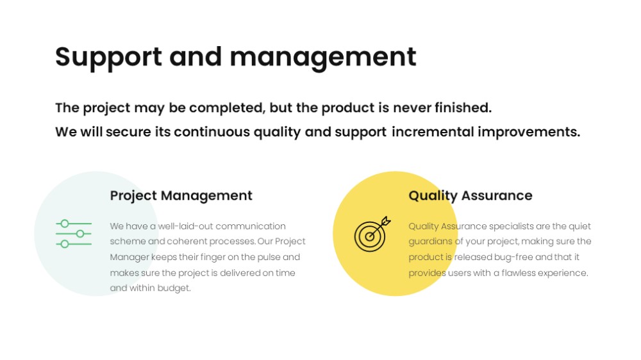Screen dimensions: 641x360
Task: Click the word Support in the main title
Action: coord(108,58)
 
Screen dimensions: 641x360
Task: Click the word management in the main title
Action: coord(323,58)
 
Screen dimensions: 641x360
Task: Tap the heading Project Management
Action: coord(181,196)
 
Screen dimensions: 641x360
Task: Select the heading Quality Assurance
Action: coord(470,196)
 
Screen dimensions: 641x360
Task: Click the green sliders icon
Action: coord(74,234)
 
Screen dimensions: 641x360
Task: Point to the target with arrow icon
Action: coord(372,234)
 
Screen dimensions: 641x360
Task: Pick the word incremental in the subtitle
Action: coord(433,131)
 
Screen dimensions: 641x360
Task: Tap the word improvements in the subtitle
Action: coord(529,131)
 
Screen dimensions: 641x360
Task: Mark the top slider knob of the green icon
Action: coord(65,224)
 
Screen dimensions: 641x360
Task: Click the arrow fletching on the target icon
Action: coord(386,221)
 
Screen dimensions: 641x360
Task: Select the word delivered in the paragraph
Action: coord(240,272)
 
